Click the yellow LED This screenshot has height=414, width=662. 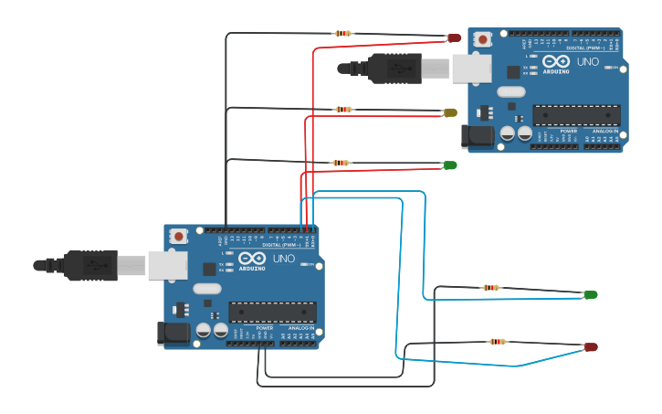pos(449,112)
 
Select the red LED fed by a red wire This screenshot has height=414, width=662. pos(454,37)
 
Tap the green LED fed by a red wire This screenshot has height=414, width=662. pos(449,165)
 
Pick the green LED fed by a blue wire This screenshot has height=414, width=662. pos(590,294)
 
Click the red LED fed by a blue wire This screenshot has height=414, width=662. pos(590,347)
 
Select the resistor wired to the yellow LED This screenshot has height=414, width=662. pos(343,109)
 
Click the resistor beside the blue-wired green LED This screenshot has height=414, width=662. pos(491,287)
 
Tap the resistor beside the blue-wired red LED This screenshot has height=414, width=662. pos(498,342)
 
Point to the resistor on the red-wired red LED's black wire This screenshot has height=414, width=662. pos(343,33)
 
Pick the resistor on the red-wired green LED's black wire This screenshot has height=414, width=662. pos(340,163)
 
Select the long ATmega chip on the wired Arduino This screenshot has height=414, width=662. pos(272,312)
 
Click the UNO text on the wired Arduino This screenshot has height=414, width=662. pos(283,259)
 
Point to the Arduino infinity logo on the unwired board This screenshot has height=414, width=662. pos(555,62)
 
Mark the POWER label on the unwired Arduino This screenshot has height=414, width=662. pos(568,131)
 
